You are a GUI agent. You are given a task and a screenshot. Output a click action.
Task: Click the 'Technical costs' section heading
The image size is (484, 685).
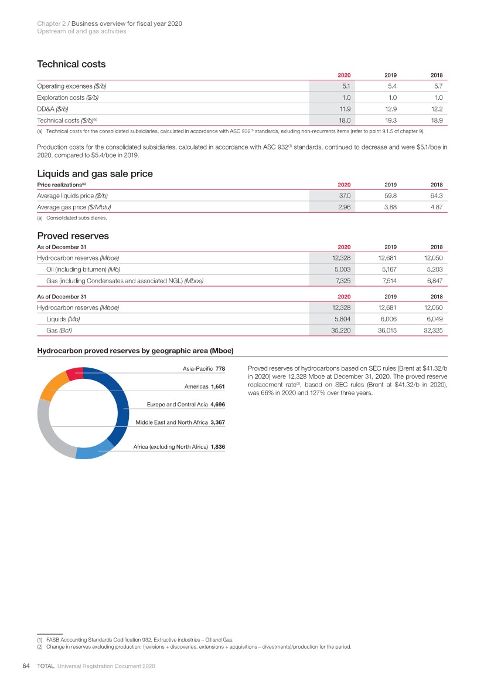pyautogui.click(x=71, y=64)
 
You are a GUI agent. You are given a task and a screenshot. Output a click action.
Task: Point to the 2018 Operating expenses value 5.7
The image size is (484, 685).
pyautogui.click(x=437, y=86)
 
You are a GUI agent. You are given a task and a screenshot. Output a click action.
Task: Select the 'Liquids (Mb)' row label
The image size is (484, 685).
pyautogui.click(x=63, y=320)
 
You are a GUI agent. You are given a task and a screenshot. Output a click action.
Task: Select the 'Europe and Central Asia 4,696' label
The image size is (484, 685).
pyautogui.click(x=186, y=404)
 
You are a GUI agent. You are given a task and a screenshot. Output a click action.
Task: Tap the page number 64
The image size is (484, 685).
pyautogui.click(x=26, y=666)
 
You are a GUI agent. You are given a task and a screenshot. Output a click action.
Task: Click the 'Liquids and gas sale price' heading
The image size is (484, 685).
pyautogui.click(x=95, y=174)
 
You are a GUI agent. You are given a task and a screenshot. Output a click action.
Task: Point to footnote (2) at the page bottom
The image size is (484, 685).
pyautogui.click(x=195, y=647)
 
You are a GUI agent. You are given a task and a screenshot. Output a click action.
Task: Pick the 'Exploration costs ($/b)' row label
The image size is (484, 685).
pyautogui.click(x=72, y=97)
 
